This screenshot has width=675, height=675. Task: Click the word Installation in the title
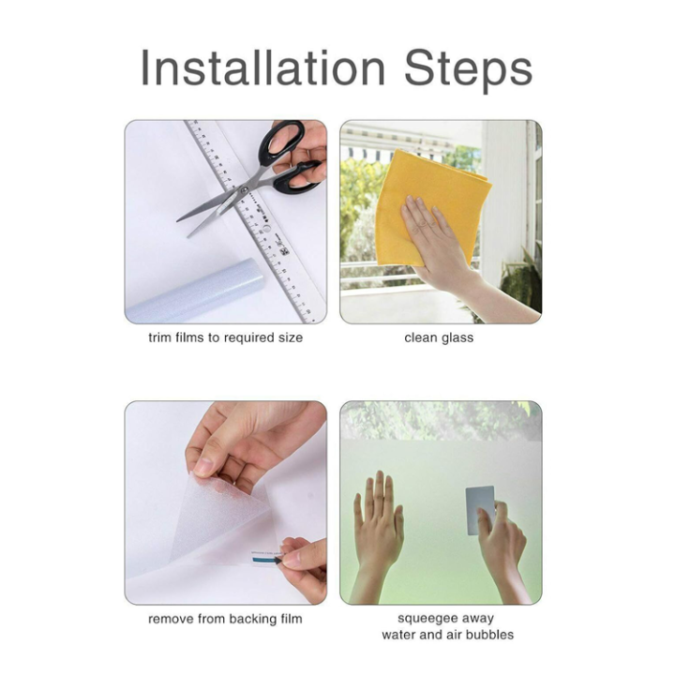[x=263, y=68]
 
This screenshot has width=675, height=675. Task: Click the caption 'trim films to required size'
[x=225, y=337]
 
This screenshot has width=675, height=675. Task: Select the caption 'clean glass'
[x=439, y=337]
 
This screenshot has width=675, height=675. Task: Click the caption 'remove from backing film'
[x=225, y=619]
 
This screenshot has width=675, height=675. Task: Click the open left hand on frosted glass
[x=378, y=525]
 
